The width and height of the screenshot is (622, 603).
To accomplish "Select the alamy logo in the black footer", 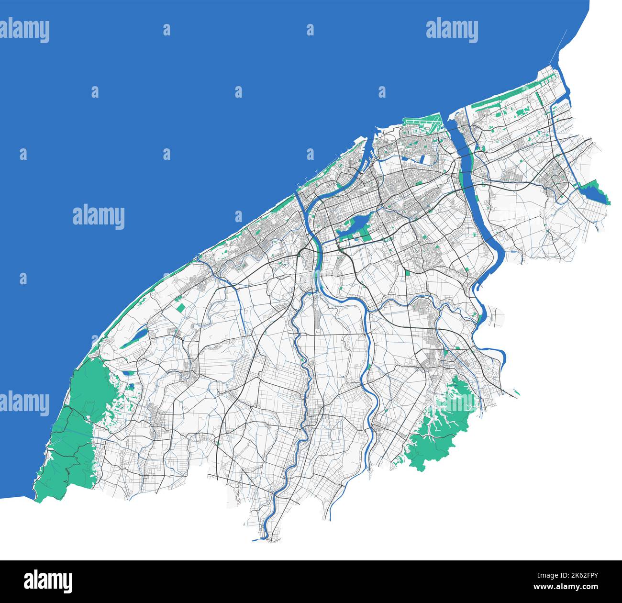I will click(48, 581).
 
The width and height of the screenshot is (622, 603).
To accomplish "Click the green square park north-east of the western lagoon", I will click(181, 308).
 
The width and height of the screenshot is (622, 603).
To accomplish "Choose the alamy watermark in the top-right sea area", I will click(452, 31).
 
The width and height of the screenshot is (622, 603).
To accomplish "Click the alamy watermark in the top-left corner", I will click(24, 31).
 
